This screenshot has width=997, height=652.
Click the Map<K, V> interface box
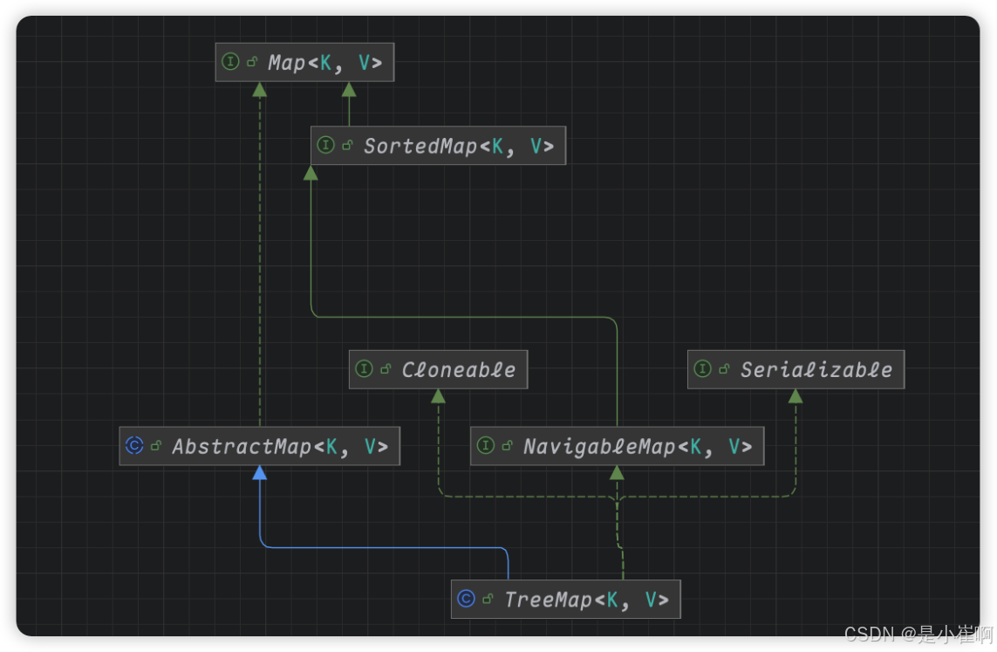tap(304, 63)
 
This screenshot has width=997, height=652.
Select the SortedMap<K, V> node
tap(438, 146)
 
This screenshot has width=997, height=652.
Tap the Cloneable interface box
tap(438, 370)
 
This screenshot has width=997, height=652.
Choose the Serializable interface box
tap(796, 370)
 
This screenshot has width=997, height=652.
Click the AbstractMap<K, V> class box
tap(259, 447)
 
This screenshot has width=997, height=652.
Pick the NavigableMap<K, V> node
tap(617, 447)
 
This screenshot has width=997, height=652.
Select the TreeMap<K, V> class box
tap(565, 600)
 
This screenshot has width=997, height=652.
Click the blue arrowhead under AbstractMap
tap(259, 473)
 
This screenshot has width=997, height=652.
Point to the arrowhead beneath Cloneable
tap(438, 396)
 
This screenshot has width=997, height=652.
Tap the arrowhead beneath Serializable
tap(796, 396)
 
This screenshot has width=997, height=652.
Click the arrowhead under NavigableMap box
tap(617, 473)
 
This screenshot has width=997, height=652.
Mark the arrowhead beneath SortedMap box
tap(311, 172)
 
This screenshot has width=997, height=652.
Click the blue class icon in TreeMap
tap(466, 600)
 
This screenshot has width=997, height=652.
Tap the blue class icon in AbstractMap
tap(134, 446)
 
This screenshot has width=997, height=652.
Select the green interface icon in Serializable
tap(702, 370)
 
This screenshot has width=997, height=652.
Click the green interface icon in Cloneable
tap(364, 370)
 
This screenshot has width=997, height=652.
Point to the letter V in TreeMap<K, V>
tap(652, 600)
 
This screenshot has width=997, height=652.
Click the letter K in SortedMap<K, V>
tap(497, 146)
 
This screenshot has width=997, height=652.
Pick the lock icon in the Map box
tap(251, 63)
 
